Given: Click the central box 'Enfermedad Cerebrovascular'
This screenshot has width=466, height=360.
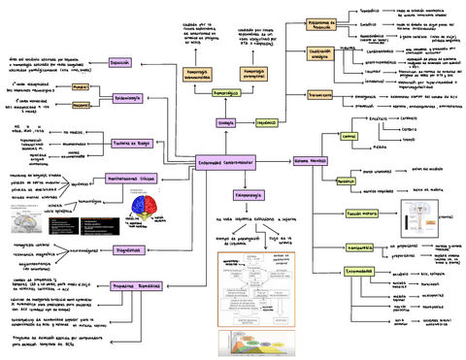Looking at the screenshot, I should tap(226, 163).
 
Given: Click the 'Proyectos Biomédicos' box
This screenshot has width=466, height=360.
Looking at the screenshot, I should tap(133, 287).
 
